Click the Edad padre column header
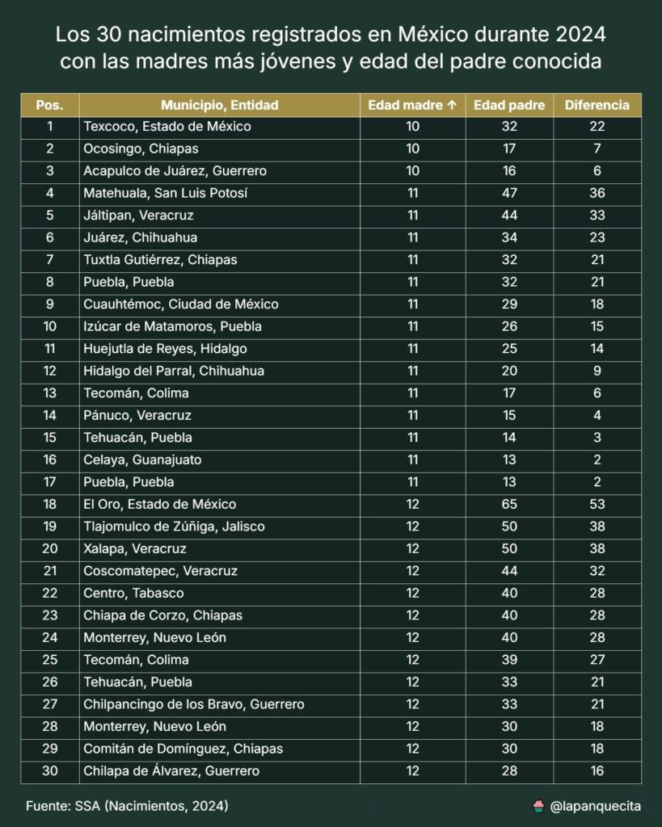click(508, 105)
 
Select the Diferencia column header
click(597, 105)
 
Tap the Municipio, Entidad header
click(219, 105)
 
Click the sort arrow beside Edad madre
click(452, 105)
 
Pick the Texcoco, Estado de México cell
click(167, 127)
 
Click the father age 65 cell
click(508, 505)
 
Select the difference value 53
click(597, 505)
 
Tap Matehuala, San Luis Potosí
click(165, 194)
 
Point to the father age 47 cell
click(508, 194)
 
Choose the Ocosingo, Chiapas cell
click(141, 149)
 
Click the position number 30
click(50, 771)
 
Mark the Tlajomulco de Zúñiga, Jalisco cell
click(174, 527)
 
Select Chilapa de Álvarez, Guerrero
click(171, 771)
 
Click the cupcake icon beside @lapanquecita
click(538, 806)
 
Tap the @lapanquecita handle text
click(596, 806)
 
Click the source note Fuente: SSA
click(126, 806)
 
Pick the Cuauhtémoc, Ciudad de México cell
click(181, 304)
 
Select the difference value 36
click(597, 194)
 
